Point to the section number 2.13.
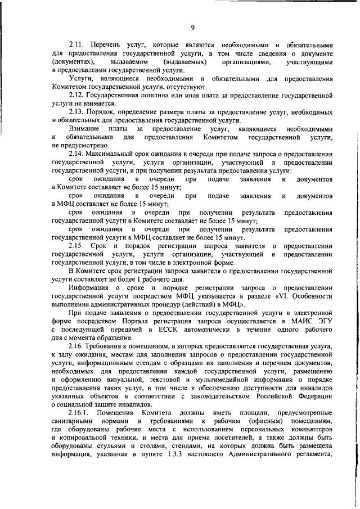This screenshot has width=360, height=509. (x=77, y=112)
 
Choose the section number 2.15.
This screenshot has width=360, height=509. (x=77, y=246)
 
